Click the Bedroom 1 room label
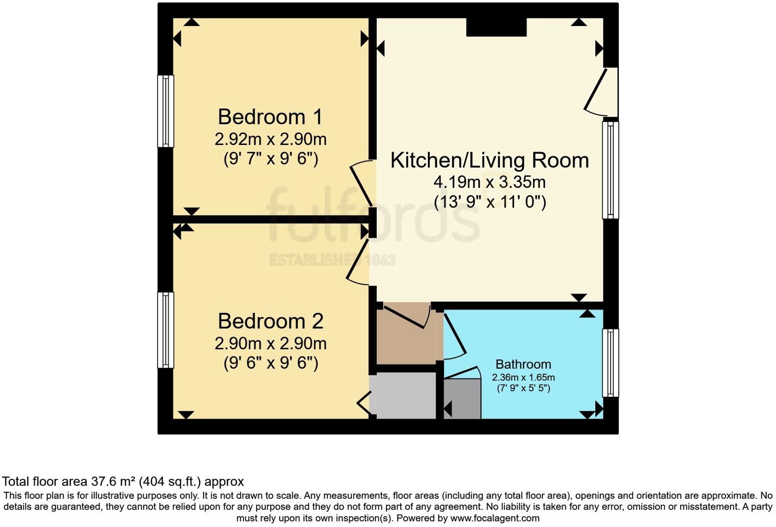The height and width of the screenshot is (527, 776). pyautogui.click(x=270, y=117)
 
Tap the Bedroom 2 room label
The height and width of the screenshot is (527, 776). pyautogui.click(x=270, y=321)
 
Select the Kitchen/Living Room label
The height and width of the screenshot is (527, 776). pyautogui.click(x=489, y=160)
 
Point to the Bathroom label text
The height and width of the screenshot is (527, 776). pyautogui.click(x=523, y=364)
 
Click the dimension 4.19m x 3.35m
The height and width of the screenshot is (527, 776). pyautogui.click(x=489, y=182)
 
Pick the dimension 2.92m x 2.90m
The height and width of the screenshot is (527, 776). pyautogui.click(x=270, y=139)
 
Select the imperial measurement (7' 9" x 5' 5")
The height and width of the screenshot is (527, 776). pyautogui.click(x=523, y=388)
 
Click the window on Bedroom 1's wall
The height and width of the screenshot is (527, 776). pyautogui.click(x=165, y=111)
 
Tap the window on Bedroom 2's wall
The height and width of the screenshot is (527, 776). pyautogui.click(x=165, y=330)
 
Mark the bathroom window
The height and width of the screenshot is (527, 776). pyautogui.click(x=611, y=363)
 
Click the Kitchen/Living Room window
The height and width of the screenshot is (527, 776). pyautogui.click(x=611, y=170)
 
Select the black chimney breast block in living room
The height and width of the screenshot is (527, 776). pyautogui.click(x=496, y=27)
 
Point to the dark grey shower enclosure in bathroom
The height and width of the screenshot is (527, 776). pyautogui.click(x=463, y=398)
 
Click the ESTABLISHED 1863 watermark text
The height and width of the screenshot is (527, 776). pyautogui.click(x=332, y=259)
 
